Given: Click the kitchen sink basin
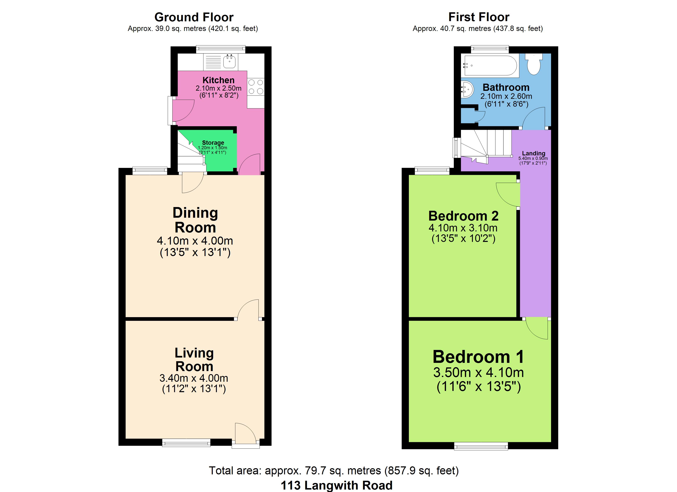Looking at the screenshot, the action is click(x=229, y=62).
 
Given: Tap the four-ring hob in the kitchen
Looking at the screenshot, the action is click(x=256, y=87).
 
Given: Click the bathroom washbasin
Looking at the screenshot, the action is click(x=467, y=89).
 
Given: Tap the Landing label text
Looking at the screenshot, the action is click(x=534, y=153).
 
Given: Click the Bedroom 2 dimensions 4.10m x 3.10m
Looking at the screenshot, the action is click(x=463, y=228).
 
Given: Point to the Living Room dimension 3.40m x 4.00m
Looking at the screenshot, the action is click(x=194, y=378).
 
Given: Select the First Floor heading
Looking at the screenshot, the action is click(x=479, y=17).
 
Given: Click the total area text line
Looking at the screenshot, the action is click(x=334, y=470).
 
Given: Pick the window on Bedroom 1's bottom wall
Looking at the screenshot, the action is click(x=481, y=446).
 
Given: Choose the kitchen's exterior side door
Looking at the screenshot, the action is click(x=181, y=110).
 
